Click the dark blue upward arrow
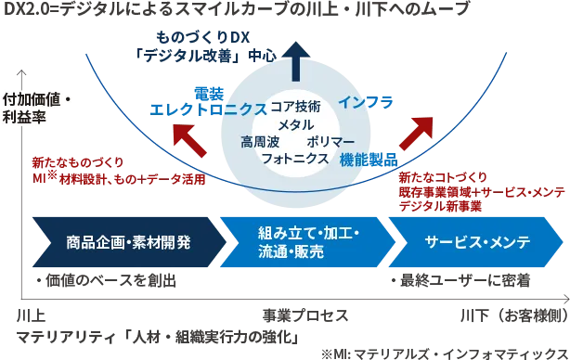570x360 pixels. pos(295,61)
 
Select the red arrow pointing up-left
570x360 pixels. pos(189,141)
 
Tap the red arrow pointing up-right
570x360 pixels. pos(417,134)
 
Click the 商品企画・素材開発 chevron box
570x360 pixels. pos(128,242)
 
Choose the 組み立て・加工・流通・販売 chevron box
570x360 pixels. pos(307,242)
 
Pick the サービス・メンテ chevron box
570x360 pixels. pos(476,242)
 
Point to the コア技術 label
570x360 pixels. pos(295,107)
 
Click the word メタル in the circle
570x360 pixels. pos(296,125)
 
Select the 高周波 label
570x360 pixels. pos(260,142)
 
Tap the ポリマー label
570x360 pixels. pos(330,142)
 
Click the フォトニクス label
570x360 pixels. pos(295,159)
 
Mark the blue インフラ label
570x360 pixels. pos(366,102)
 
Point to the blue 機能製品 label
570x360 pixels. pos(369,160)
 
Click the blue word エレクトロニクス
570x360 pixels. pos(208,109)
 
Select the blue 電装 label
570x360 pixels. pos(209,94)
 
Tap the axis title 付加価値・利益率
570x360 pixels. pos(36,109)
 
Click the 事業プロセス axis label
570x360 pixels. pos(305,315)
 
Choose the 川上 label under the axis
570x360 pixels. pos(31,315)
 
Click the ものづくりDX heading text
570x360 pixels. pos(203,37)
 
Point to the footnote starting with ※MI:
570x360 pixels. pos(445,354)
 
